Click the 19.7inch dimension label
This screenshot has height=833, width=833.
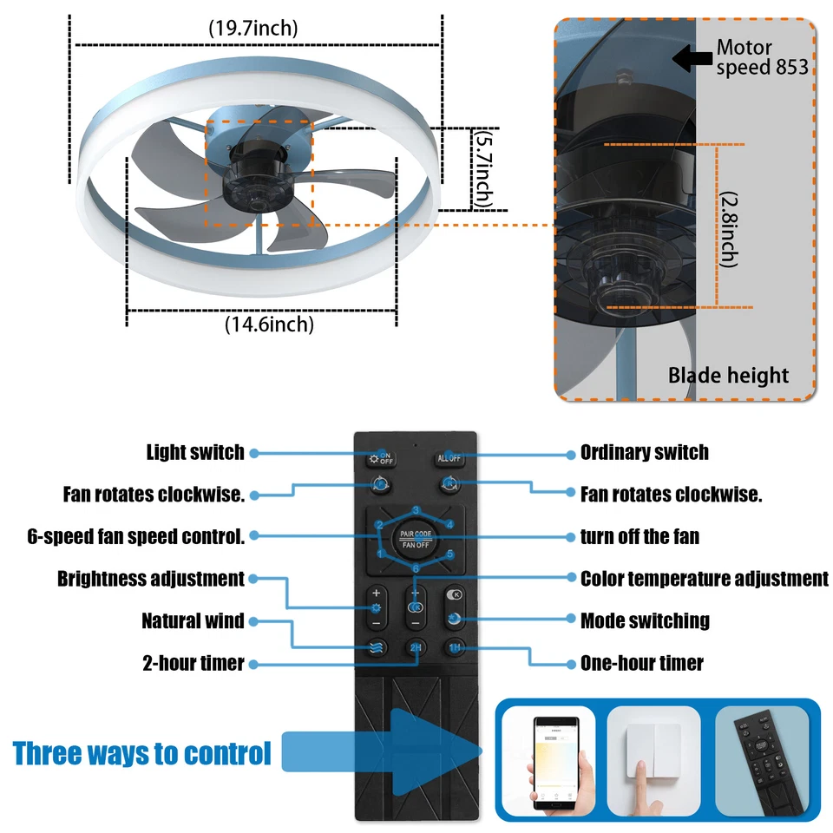[x=253, y=28]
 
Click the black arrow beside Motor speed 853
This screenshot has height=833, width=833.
[x=692, y=59]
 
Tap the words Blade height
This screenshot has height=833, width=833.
[x=728, y=376]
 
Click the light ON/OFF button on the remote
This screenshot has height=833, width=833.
[x=381, y=457]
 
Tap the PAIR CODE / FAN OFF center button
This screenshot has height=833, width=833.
[x=416, y=539]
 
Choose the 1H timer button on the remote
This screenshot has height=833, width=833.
[x=454, y=647]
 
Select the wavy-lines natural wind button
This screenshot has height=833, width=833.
[x=377, y=647]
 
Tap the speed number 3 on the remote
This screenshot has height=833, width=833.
[x=416, y=510]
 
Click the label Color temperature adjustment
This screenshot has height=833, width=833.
[x=704, y=578]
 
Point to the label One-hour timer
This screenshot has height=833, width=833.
[x=641, y=664]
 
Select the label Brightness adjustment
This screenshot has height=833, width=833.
[x=151, y=578]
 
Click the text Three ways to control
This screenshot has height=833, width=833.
[x=142, y=752]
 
